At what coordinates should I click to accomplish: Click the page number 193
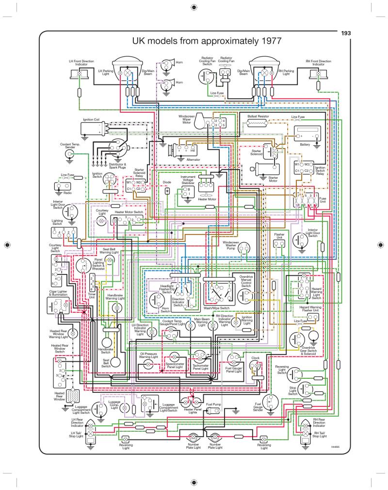point(346,33)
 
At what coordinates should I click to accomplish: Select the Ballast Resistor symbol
point(259,124)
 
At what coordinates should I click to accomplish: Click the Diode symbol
point(167,190)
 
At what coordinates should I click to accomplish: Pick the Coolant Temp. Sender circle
point(71,154)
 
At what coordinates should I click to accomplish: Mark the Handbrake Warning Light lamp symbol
point(116,308)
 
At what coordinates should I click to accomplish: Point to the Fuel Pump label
point(213,404)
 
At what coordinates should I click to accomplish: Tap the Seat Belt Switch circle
point(116,362)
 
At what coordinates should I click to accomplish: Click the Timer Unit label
point(91,296)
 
